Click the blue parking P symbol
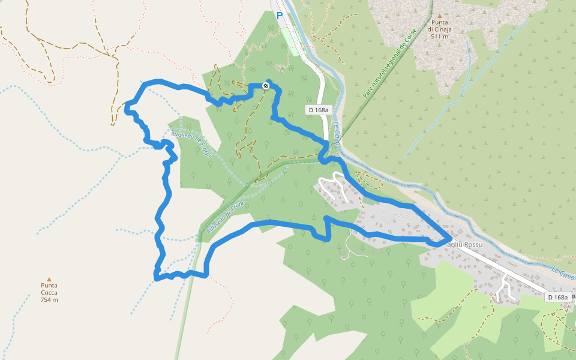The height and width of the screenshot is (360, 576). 280,16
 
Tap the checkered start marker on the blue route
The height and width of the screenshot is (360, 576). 266,86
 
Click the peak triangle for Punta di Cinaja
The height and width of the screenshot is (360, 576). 439,16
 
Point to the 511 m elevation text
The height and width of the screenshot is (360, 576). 439,37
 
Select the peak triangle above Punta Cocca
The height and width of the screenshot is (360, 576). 49,278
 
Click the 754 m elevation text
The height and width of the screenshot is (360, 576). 49,299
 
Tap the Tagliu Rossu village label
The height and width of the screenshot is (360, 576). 464,245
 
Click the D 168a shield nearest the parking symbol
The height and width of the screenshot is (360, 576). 318,110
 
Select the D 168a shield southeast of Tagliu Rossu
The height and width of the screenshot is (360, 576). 557,297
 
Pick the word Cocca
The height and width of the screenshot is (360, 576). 49,292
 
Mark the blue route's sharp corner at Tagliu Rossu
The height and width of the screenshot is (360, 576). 450,239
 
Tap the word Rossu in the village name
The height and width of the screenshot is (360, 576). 472,245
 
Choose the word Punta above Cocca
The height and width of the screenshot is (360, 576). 49,285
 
